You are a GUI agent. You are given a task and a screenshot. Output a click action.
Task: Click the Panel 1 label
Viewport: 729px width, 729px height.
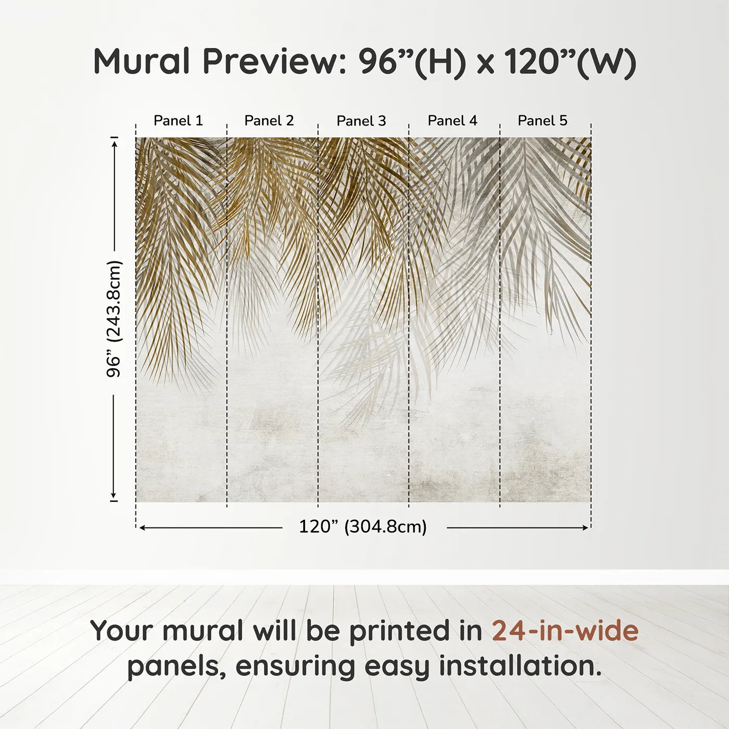(178, 120)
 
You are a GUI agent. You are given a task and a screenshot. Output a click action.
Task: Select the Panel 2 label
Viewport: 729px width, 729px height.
(269, 120)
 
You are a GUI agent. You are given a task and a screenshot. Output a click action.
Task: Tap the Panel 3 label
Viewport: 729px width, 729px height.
(361, 121)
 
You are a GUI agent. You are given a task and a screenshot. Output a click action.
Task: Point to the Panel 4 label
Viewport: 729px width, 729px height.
(452, 120)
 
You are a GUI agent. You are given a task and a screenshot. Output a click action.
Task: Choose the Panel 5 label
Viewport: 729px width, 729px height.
(542, 120)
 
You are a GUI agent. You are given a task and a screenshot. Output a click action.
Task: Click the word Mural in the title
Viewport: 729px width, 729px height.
(142, 61)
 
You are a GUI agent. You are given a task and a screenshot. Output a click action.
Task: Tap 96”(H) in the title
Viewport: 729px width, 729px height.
(411, 61)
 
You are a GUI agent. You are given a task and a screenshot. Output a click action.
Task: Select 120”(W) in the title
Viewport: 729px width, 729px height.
(570, 61)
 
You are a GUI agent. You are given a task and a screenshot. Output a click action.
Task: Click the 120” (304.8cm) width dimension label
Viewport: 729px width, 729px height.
(362, 526)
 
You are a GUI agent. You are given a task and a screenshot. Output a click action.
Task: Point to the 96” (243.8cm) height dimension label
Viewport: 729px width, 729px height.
(114, 319)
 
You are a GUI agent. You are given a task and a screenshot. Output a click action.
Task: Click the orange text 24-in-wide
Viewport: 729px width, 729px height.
(565, 631)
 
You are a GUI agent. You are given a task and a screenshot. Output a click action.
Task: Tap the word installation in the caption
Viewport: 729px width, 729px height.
(520, 666)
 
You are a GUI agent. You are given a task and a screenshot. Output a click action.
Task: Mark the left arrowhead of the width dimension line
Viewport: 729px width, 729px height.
(142, 527)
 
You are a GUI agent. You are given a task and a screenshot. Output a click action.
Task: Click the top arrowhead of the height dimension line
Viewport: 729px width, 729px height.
(114, 142)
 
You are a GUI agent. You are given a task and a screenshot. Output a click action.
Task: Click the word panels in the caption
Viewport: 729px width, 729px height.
(176, 666)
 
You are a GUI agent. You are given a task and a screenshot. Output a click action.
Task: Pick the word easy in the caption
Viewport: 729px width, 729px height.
(397, 666)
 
